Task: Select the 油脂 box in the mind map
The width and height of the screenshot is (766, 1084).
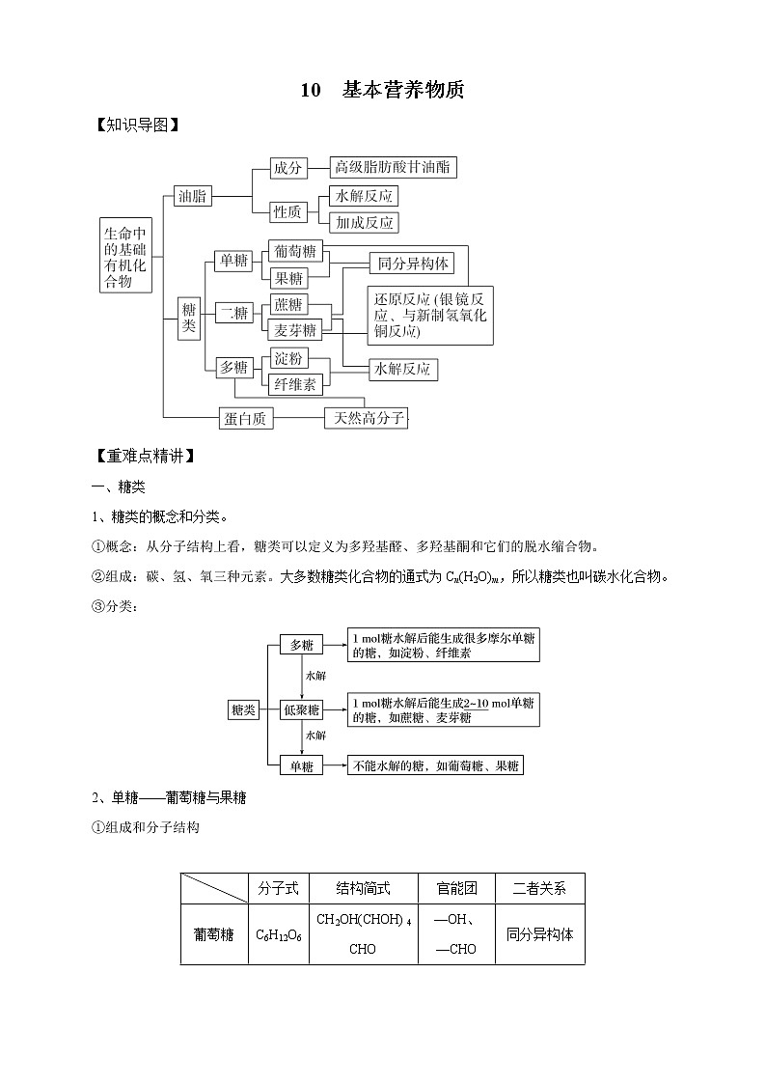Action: click(193, 196)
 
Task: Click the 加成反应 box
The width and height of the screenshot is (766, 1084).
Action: click(364, 223)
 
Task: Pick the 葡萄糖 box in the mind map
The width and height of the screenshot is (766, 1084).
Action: click(295, 252)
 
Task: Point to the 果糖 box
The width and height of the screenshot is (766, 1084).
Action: click(288, 278)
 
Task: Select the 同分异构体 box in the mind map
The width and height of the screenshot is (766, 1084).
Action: click(409, 264)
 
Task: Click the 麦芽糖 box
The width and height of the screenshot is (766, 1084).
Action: click(295, 330)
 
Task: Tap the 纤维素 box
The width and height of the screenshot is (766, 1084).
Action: click(295, 384)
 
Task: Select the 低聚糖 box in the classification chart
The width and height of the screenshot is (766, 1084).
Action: click(301, 710)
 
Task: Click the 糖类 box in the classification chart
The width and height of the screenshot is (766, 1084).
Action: click(243, 710)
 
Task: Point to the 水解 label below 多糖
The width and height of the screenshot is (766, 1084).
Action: click(315, 677)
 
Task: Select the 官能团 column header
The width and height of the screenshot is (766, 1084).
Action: click(455, 888)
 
